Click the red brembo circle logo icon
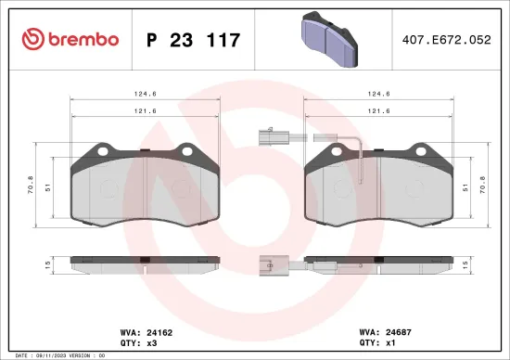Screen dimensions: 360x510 click(x=33, y=39)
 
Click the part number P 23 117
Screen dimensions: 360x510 click(x=194, y=40)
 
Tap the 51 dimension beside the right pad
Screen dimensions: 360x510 click(x=465, y=186)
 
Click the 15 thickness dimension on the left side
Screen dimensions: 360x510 click(x=45, y=264)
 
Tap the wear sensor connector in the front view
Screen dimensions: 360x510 click(x=268, y=140)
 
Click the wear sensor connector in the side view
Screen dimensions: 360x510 click(x=268, y=264)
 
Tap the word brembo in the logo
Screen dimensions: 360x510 click(x=84, y=39)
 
